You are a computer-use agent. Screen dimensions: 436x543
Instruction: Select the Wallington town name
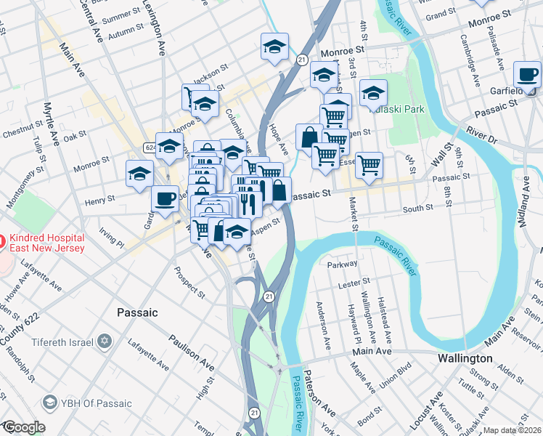point(465,359)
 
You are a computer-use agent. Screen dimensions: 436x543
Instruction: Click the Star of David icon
point(105,341)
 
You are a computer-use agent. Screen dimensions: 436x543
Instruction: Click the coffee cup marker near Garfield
point(527,74)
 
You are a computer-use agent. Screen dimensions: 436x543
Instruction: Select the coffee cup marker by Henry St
point(166,198)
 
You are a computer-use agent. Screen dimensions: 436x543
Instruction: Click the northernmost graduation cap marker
point(274,47)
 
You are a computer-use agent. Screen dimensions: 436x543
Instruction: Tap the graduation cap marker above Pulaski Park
point(373,93)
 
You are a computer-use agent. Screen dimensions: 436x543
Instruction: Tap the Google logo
point(24,427)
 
